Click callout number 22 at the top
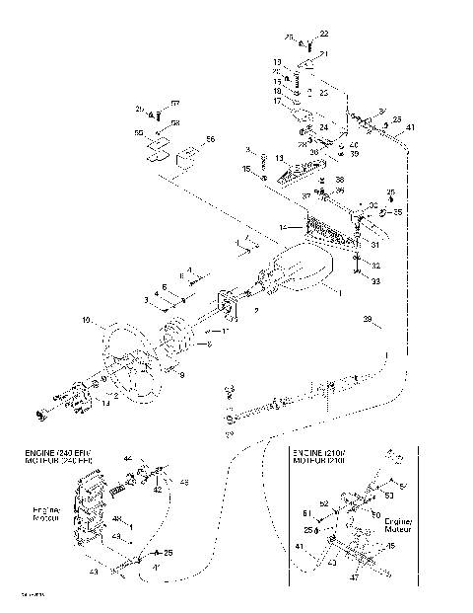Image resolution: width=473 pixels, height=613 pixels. tap(325, 35)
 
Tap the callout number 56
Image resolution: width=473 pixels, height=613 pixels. tap(209, 141)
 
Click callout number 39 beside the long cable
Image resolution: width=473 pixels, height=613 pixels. tap(368, 322)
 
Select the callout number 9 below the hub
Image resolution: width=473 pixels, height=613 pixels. tap(180, 375)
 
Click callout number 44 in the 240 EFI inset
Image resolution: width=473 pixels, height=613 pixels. tap(127, 459)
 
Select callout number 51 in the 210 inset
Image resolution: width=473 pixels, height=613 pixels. tap(306, 513)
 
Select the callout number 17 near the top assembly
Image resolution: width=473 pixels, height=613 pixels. tap(278, 101)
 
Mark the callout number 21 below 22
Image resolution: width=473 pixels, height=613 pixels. tap(325, 53)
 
